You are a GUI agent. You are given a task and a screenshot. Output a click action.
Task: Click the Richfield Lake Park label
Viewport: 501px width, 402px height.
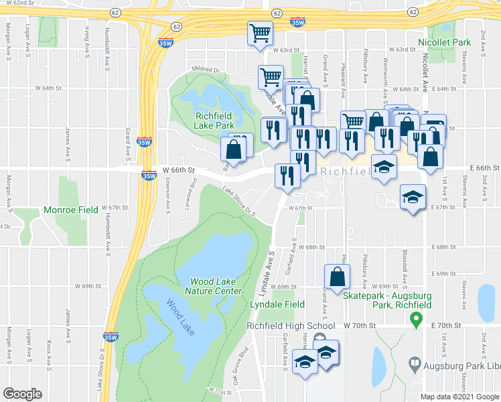(214, 120)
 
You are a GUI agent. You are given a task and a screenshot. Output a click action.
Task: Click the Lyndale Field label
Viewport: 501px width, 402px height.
(273, 304)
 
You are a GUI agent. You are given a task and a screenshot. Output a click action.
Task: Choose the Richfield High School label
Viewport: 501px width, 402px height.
(290, 326)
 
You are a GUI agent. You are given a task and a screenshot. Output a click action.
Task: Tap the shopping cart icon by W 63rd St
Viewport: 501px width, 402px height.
(259, 33)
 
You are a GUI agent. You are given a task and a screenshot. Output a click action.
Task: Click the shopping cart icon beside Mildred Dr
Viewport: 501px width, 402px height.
(271, 77)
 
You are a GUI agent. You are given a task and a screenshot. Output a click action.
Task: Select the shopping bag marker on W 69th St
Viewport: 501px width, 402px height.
(337, 276)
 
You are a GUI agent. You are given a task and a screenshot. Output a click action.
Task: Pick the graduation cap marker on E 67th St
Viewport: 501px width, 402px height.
(413, 197)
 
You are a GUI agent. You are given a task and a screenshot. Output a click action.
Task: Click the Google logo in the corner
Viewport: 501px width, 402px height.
(21, 394)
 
